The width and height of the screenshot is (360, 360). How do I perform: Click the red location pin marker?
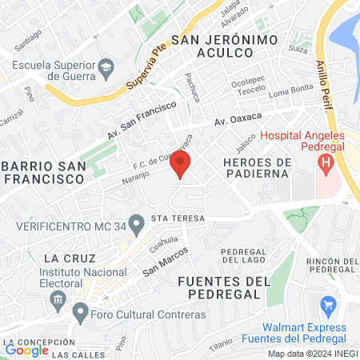(x=180, y=165)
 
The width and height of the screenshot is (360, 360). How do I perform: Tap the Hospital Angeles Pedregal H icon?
(x=326, y=165)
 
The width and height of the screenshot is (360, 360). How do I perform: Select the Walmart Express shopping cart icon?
(x=327, y=305)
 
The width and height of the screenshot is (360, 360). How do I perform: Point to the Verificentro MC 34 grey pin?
(x=137, y=220)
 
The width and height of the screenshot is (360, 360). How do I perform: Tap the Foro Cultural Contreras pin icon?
(x=80, y=312)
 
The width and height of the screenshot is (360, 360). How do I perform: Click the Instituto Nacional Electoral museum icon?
(x=57, y=301)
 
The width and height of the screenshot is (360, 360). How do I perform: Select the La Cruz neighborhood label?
(x=70, y=258)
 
